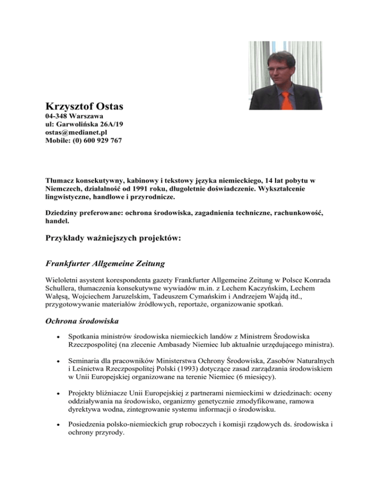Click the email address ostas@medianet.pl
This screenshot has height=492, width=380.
76,133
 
